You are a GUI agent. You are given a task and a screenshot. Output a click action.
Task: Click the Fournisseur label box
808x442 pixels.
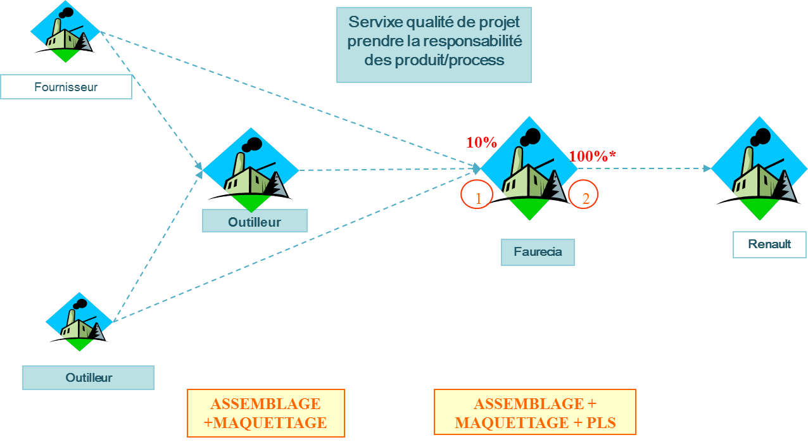point(66,87)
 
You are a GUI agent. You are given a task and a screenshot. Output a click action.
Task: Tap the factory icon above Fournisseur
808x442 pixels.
point(65,35)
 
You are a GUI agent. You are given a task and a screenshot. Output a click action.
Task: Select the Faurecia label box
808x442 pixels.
point(538,252)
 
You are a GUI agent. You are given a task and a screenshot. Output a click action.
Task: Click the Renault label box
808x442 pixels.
point(769,244)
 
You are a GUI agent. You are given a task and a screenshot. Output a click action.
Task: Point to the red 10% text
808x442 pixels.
point(482,142)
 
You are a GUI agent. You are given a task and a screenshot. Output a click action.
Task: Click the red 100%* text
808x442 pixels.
point(592,156)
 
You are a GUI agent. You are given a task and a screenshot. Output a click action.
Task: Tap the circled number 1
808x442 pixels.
point(478,198)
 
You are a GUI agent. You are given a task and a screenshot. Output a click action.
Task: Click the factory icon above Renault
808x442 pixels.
point(759,168)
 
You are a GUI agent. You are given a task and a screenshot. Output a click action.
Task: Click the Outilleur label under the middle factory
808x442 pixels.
point(255,222)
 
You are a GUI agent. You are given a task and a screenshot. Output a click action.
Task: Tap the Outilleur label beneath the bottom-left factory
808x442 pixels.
point(88,377)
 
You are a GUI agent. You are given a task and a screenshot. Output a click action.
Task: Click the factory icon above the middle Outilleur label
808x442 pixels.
point(251,170)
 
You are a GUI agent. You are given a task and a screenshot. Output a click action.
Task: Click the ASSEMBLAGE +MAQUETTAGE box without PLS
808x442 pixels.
point(266,413)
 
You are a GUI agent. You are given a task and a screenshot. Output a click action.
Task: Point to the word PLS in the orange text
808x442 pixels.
point(602,422)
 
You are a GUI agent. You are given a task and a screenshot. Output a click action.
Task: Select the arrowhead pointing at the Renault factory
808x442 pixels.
point(707,168)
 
